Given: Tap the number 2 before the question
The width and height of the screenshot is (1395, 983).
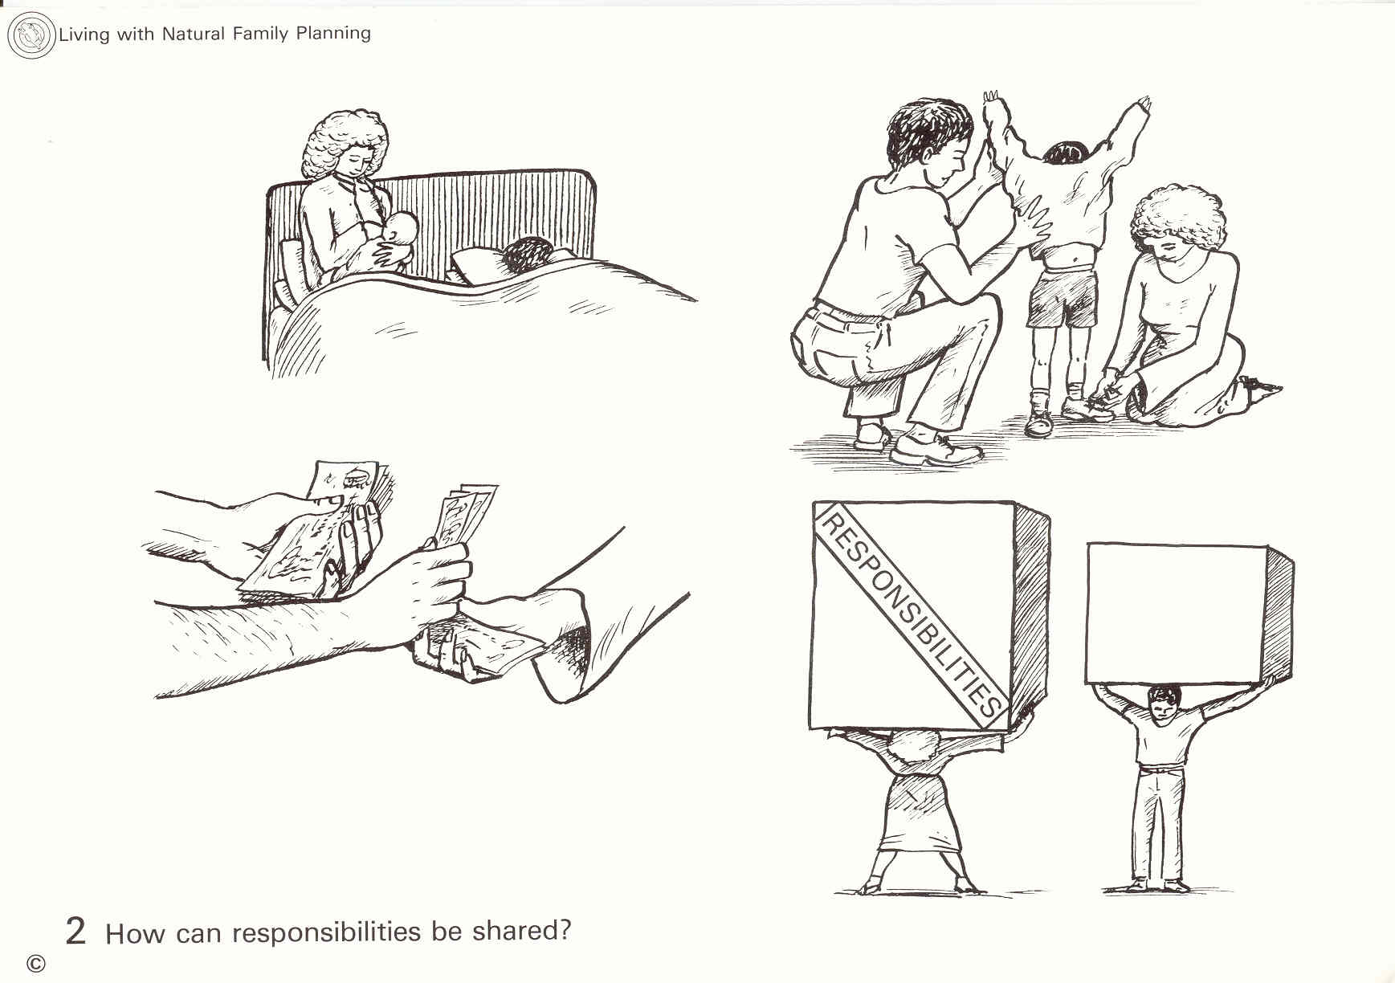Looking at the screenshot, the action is (x=75, y=932).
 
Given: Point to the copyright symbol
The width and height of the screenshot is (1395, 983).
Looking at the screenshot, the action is (x=36, y=963).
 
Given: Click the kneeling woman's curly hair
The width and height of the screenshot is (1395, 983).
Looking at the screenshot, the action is (x=1179, y=218).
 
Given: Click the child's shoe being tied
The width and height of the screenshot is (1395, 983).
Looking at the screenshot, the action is (x=1088, y=408).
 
